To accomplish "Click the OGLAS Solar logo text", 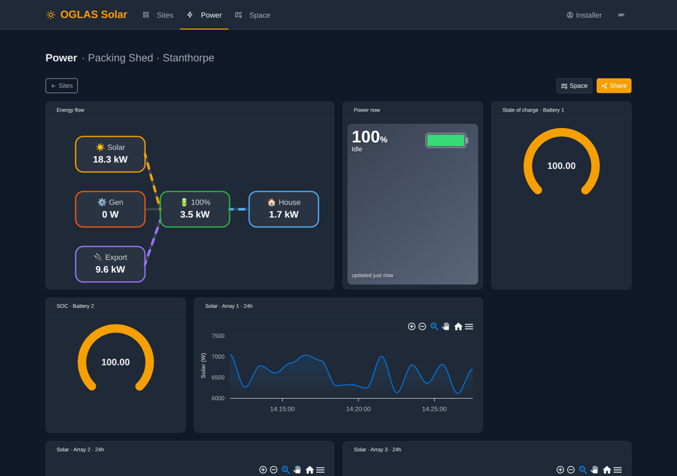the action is coord(93,14).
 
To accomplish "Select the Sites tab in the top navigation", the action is coord(158,15).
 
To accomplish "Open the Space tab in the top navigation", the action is coord(253,15).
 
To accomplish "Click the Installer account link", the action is coord(584,15).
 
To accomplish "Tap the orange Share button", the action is coord(614,85).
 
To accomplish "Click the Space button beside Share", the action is coord(574,85).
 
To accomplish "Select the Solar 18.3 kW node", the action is coord(110,154).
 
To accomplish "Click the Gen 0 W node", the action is coord(110,209).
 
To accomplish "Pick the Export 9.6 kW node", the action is coord(110,264).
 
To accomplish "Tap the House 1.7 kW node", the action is coord(284,209).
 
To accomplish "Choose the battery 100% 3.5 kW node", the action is coord(195,209).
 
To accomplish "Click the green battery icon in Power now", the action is coord(446,140).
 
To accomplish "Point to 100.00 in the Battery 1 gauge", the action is coord(561,166).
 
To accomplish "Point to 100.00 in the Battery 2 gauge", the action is coord(115,362).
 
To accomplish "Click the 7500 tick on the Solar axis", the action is coord(218,336).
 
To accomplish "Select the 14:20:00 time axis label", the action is coord(359,409).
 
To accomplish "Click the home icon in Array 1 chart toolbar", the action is coord(458,327).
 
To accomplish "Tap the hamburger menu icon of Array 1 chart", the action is coord(469,327).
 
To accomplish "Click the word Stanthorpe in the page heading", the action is coord(188,58).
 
